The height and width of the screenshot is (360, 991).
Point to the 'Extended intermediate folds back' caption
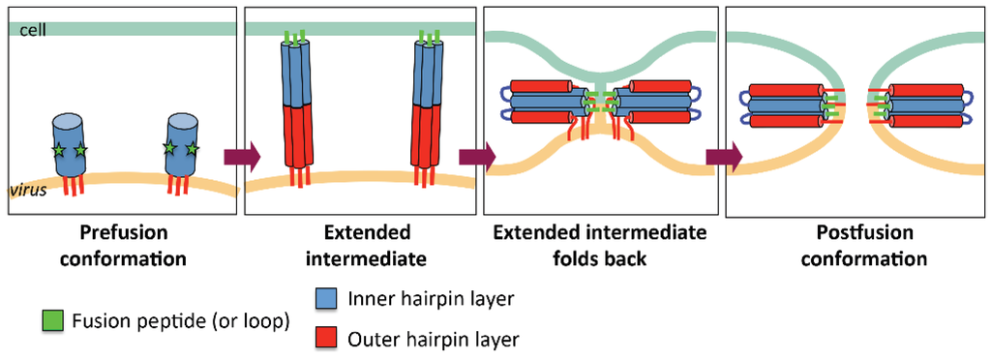599,246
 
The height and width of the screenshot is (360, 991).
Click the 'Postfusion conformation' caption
856,246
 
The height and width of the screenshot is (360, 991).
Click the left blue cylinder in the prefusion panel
71,145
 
